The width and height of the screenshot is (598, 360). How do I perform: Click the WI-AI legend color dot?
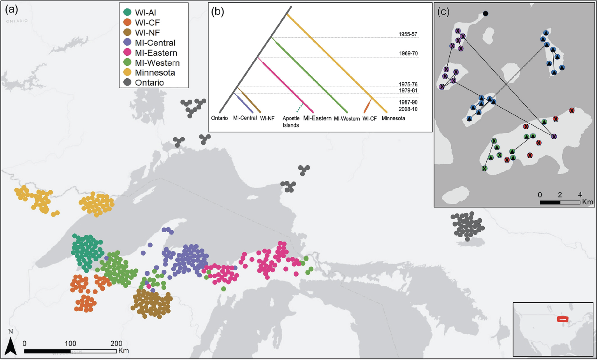coord(127,13)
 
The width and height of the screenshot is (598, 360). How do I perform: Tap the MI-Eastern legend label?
coord(156,53)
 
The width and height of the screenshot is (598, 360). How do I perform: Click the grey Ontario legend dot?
coord(127,83)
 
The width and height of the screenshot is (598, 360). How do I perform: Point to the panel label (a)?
coord(11,10)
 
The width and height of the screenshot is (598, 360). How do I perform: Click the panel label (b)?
coord(218,12)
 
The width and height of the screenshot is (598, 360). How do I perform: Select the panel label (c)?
coord(443,12)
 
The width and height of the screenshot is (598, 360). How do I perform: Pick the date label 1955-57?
coord(408,34)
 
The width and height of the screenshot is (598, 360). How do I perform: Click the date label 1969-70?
coord(408,54)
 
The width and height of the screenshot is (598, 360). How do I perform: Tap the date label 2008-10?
coord(408,109)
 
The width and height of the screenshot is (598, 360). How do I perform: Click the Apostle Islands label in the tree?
coord(291,122)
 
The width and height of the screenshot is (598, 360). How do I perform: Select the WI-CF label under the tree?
coord(369,118)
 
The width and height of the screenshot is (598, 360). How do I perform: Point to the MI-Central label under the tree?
coord(245,118)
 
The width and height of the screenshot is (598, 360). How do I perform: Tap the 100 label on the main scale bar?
coord(70,344)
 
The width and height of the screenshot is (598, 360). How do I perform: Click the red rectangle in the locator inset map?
coord(563,319)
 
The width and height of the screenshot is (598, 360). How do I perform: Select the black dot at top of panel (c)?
coord(485,14)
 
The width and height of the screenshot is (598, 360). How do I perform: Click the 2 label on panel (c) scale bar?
coord(560,195)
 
